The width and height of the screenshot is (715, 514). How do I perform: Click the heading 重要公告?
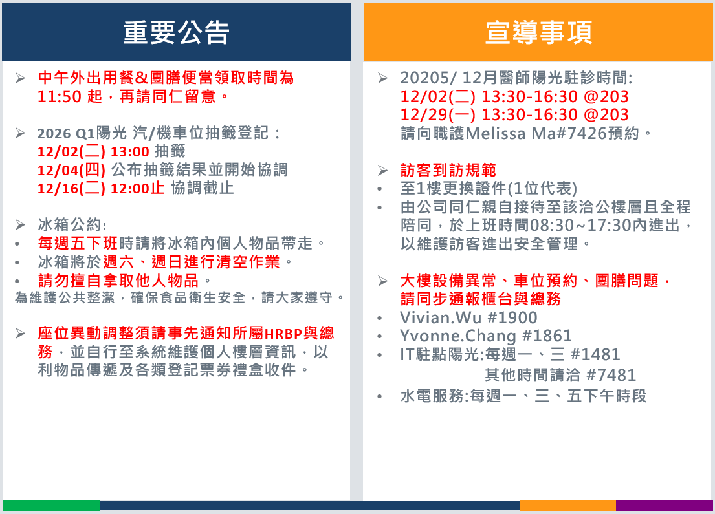176,32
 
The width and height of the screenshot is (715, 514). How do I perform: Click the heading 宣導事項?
538,32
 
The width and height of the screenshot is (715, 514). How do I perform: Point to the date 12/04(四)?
72,170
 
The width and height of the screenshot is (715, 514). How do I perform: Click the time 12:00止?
137,188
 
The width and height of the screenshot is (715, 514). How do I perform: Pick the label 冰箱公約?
72,224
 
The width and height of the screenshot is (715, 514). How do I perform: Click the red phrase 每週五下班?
78,243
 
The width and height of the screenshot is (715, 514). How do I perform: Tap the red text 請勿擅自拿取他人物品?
118,280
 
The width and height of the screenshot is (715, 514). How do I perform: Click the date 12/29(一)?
438,115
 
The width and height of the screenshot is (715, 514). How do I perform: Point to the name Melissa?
496,134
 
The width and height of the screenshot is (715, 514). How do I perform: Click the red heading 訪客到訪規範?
448,171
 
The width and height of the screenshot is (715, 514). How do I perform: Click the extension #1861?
547,336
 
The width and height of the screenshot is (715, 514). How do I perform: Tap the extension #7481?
611,375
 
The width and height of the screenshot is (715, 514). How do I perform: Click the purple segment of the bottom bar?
665,506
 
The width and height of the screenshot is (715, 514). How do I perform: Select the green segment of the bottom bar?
52,506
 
